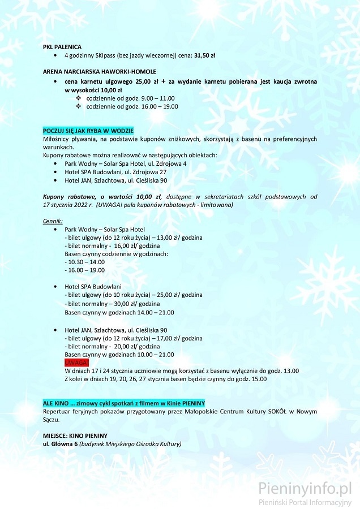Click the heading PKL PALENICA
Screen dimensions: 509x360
pos(62,46)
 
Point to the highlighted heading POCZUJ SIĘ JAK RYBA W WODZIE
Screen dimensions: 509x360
pos(88,131)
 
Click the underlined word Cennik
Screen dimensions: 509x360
pos(53,221)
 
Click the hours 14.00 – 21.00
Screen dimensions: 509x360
pos(155,312)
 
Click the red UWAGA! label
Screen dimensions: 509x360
pos(77,363)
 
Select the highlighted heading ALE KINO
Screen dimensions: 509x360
pos(119,403)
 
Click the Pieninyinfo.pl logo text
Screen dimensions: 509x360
pos(305,488)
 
